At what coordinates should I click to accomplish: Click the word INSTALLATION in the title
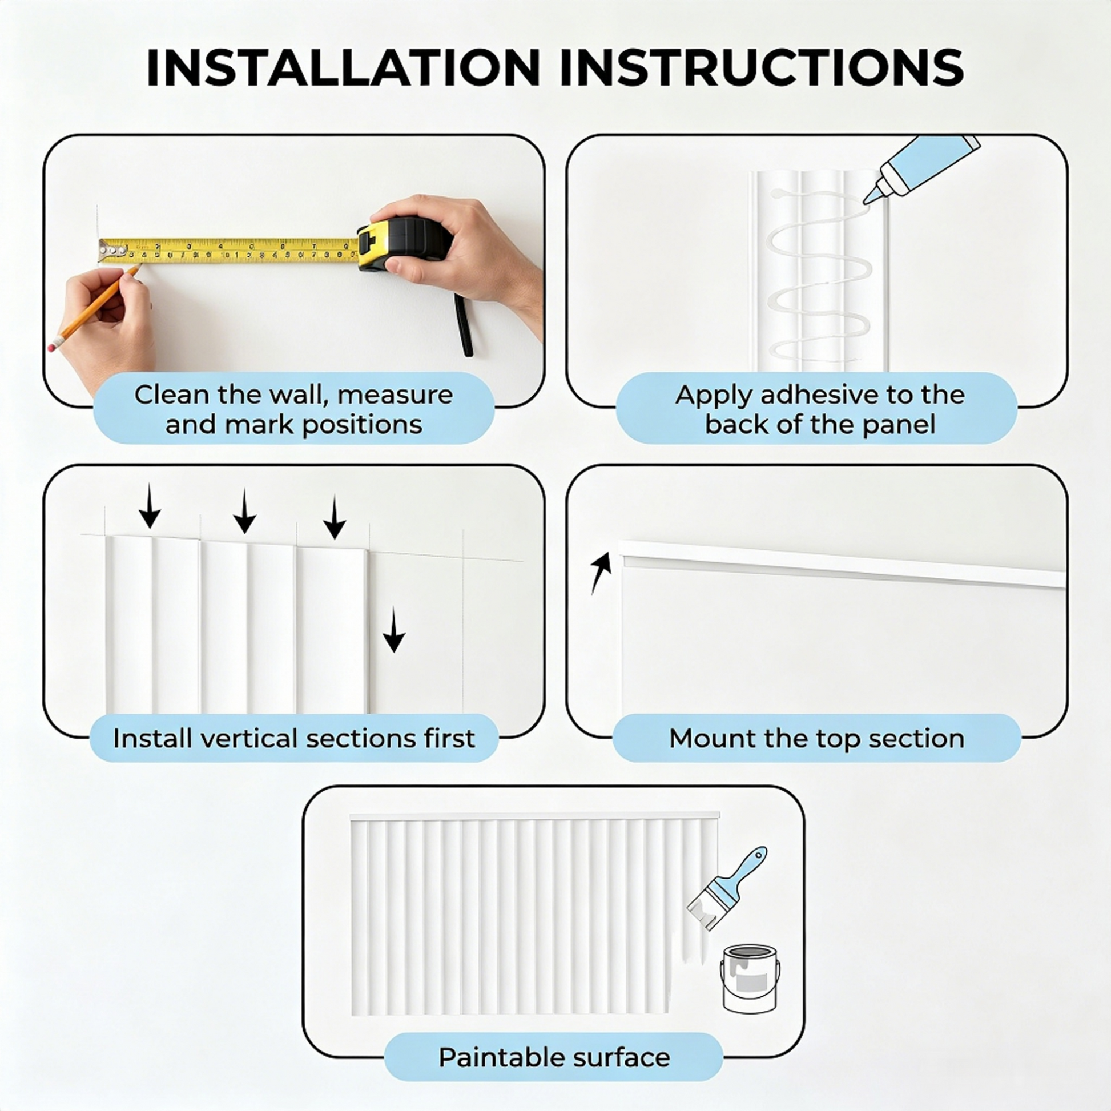tap(343, 68)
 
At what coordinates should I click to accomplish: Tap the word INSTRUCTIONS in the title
tap(762, 68)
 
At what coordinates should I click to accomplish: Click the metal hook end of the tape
tap(111, 251)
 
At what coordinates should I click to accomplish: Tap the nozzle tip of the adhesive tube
tap(866, 201)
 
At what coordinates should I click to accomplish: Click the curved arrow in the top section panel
tap(601, 573)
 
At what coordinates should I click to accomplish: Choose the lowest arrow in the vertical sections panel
tap(394, 630)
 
